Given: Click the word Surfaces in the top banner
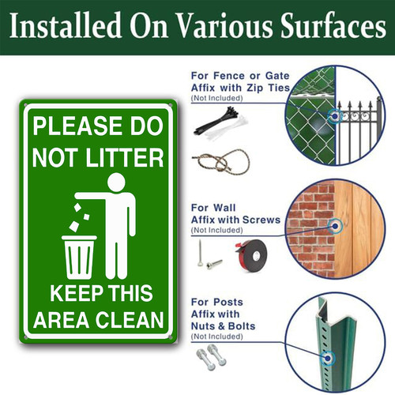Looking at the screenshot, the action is tap(333, 25).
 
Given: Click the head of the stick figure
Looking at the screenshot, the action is tap(116, 182).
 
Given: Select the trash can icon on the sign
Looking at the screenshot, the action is tap(79, 257).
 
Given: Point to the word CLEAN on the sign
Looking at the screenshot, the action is tap(130, 320).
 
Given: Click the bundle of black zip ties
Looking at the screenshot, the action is tap(216, 120).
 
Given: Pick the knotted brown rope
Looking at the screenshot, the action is tap(221, 162).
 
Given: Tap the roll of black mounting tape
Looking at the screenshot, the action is tap(251, 255).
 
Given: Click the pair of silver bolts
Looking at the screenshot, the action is tap(211, 356).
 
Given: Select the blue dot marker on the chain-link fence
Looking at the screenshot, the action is tap(335, 116).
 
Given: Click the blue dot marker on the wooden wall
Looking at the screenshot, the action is tap(335, 226).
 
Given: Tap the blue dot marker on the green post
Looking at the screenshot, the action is tap(328, 358).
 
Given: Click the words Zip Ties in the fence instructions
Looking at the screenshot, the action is tap(268, 88).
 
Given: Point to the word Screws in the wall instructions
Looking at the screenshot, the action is tap(261, 220).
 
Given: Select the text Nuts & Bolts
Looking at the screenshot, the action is tap(223, 326).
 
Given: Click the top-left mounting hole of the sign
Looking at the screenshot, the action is tap(25, 105).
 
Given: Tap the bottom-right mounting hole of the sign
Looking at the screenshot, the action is tap(170, 337).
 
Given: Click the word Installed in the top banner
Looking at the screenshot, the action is tap(66, 25).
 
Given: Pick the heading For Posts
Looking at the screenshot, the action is tap(217, 302).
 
